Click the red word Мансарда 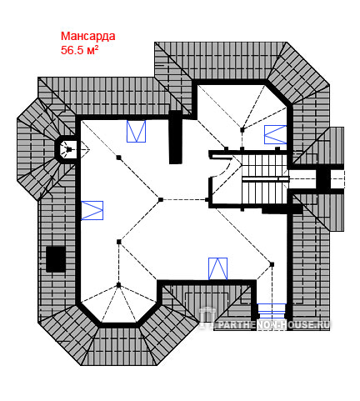(87, 37)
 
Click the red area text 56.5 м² (80, 50)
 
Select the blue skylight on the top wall (136, 131)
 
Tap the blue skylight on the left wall (92, 210)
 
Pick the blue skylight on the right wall (275, 134)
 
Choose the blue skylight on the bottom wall (217, 268)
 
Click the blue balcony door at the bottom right (272, 311)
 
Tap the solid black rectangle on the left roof (56, 259)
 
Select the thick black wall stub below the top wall (176, 137)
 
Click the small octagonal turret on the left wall (66, 149)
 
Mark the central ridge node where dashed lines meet (160, 199)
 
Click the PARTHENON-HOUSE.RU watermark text (273, 324)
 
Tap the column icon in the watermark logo (207, 318)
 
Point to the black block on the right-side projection (323, 178)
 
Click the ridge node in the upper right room (242, 129)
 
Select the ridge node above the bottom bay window (119, 285)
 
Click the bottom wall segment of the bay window (118, 325)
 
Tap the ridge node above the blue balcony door (272, 264)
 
